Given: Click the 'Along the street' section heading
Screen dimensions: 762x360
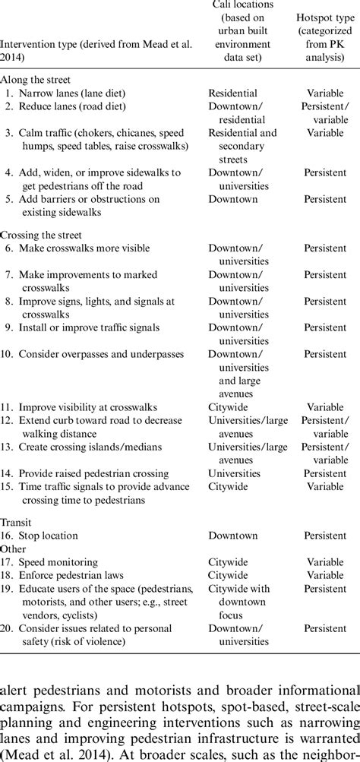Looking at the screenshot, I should click(36, 78).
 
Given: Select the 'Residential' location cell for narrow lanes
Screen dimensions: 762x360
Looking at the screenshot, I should click(233, 93).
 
